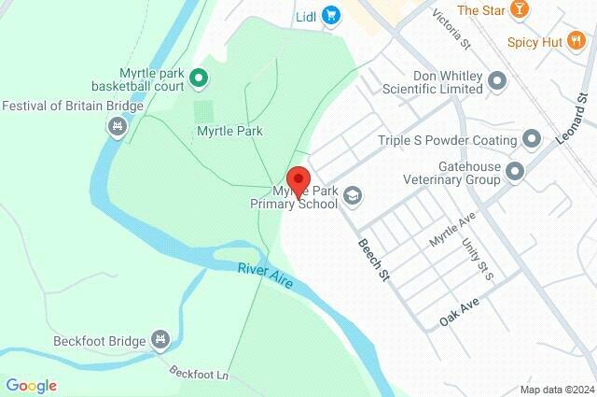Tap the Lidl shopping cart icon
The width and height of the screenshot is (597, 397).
pyautogui.click(x=331, y=15)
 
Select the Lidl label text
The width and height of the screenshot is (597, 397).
pyautogui.click(x=307, y=15)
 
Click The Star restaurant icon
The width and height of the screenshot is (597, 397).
pyautogui.click(x=520, y=10)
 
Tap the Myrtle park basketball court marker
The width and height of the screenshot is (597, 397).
pyautogui.click(x=199, y=77)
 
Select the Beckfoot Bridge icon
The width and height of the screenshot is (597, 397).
pyautogui.click(x=160, y=339)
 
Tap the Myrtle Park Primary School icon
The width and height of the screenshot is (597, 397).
pyautogui.click(x=352, y=195)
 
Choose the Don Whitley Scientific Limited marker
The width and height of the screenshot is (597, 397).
pyautogui.click(x=497, y=81)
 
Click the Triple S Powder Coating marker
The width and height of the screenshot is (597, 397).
pyautogui.click(x=532, y=140)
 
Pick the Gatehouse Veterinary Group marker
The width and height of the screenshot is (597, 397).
pyautogui.click(x=514, y=172)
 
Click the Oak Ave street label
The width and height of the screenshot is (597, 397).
pyautogui.click(x=459, y=318)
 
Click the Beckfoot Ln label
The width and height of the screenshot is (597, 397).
pyautogui.click(x=199, y=374)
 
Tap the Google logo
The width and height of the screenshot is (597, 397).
pyautogui.click(x=31, y=386)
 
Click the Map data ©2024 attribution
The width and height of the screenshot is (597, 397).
pyautogui.click(x=556, y=390)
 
